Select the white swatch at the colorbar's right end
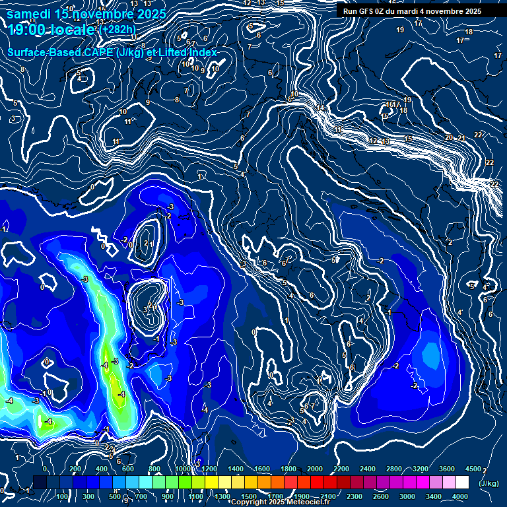coord(462,482)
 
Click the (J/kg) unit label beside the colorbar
coord(489,483)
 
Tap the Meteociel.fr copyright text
coord(284,502)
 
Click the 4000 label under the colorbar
coord(460,496)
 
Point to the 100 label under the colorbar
coord(63,496)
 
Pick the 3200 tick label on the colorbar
coord(420,469)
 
